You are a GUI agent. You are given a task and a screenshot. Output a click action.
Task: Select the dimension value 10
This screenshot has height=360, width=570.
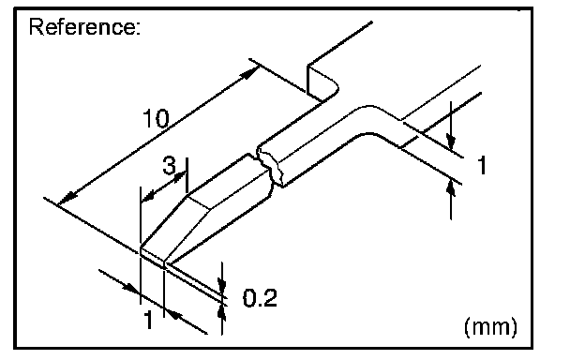(156, 118)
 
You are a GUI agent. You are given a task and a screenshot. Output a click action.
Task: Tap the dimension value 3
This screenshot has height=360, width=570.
(169, 165)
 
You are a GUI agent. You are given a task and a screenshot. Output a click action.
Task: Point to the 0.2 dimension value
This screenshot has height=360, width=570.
(260, 298)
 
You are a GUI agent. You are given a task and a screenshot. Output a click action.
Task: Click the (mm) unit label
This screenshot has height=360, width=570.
(490, 326)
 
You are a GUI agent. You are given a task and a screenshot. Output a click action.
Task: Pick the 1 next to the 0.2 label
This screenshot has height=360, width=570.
(148, 320)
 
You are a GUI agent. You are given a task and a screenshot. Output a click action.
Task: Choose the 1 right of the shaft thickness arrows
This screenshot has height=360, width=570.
(482, 165)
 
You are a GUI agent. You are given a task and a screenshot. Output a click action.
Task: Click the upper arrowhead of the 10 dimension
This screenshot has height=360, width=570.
(248, 74)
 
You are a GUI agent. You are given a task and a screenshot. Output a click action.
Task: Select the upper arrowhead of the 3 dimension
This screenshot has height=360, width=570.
(180, 177)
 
